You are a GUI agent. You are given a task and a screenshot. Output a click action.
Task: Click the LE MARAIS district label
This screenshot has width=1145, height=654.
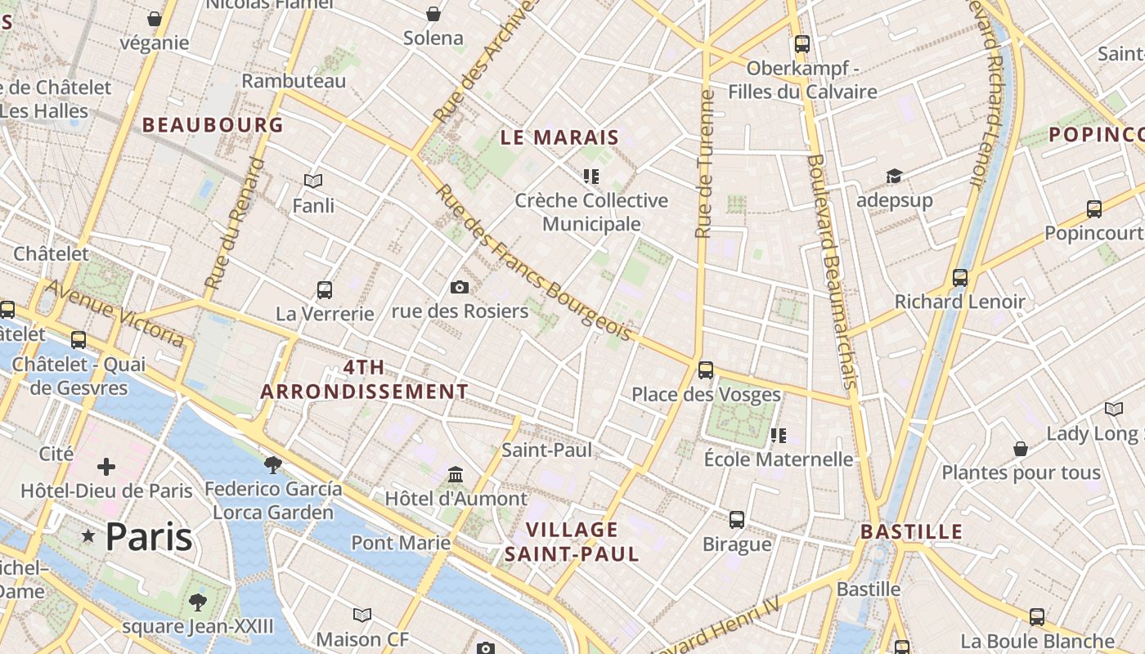(x=559, y=137)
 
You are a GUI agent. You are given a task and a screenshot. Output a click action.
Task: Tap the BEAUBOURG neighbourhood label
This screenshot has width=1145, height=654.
(x=213, y=125)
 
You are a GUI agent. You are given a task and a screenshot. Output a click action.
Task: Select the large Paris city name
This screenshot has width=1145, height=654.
(x=149, y=537)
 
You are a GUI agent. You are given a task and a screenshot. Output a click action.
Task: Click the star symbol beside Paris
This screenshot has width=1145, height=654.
(x=88, y=537)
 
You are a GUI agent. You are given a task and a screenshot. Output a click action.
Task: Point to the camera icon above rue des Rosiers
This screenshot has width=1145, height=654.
(x=460, y=287)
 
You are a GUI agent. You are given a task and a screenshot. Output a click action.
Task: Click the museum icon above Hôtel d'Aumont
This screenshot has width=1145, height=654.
(x=456, y=474)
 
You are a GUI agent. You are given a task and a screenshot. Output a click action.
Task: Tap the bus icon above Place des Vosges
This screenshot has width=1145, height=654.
(x=706, y=370)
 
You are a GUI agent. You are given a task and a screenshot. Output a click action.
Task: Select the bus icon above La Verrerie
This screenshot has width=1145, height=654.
(x=325, y=289)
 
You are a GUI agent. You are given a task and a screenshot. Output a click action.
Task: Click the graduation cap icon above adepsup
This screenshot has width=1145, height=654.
(x=894, y=177)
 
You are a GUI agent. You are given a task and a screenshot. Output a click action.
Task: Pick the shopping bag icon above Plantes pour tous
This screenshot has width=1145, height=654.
(x=1021, y=449)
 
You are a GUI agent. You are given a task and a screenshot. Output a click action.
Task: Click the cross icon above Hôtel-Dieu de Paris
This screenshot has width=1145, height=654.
(x=106, y=467)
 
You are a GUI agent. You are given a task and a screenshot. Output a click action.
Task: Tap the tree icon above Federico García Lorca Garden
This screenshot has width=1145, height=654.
(x=273, y=464)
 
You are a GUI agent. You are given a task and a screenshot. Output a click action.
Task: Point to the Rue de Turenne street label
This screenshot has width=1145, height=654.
(x=705, y=163)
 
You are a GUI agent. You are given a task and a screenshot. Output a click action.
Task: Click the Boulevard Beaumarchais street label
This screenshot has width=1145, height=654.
(x=832, y=270)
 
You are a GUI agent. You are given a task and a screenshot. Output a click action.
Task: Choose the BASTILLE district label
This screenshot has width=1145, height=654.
(x=911, y=531)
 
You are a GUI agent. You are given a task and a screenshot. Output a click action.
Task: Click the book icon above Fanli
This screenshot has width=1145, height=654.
(x=313, y=181)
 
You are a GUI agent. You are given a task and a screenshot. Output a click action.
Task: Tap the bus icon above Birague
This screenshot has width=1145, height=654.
(x=737, y=520)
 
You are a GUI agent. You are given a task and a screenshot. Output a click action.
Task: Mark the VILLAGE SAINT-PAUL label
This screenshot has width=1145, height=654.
(x=572, y=542)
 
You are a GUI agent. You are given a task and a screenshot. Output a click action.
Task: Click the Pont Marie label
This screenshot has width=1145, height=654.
(x=401, y=543)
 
